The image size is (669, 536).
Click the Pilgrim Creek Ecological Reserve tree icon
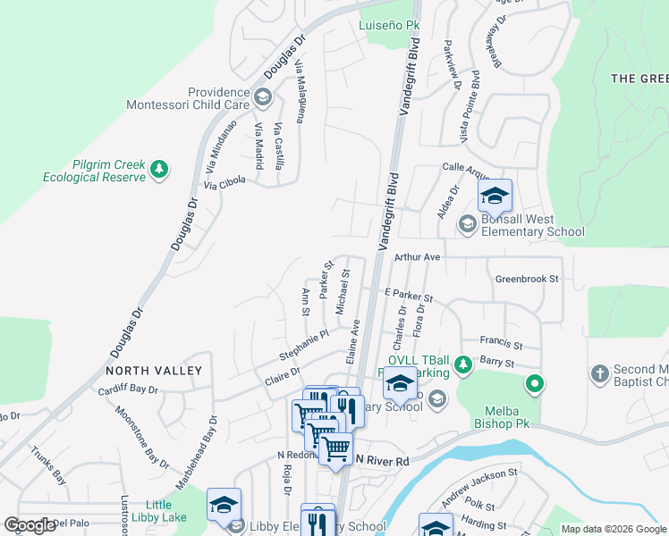click(x=159, y=169)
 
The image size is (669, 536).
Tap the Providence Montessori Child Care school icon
click(x=262, y=96)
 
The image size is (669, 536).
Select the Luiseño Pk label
click(x=389, y=26)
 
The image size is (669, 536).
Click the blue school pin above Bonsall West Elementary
click(x=494, y=197)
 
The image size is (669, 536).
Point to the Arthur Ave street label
click(x=420, y=257)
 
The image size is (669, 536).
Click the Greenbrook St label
click(x=527, y=279)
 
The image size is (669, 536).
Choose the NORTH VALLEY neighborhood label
click(x=154, y=370)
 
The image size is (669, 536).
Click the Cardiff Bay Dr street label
click(x=128, y=389)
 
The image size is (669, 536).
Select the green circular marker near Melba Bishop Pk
click(x=535, y=385)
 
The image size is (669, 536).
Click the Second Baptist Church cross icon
click(x=599, y=372)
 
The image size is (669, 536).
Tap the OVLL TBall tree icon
click(x=462, y=364)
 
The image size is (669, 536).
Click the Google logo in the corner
click(x=30, y=525)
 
